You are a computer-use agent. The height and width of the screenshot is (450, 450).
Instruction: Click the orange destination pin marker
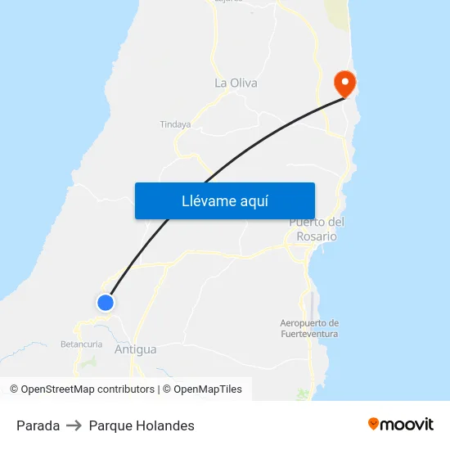344,83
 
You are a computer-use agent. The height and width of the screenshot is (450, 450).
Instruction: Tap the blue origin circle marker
105,303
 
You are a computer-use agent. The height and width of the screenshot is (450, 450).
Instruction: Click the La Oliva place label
236,83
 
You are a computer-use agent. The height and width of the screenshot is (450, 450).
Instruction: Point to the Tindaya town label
175,124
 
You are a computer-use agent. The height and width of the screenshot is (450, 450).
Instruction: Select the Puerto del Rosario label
317,229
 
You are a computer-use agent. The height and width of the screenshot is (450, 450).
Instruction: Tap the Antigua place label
136,349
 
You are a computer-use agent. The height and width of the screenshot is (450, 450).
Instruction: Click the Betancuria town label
82,344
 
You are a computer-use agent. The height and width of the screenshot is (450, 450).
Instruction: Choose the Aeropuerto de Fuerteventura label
309,328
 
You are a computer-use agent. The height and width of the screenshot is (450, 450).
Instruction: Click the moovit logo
401,424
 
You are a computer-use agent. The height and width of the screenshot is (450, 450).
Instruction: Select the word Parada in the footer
38,425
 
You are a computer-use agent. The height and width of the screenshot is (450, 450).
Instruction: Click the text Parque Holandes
142,425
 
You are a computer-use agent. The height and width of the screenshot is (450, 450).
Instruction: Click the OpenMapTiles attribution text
207,389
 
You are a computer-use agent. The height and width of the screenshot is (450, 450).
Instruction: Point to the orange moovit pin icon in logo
374,424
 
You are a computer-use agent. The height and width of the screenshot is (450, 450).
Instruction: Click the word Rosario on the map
317,236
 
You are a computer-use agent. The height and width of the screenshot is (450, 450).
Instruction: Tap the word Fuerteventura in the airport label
309,334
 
